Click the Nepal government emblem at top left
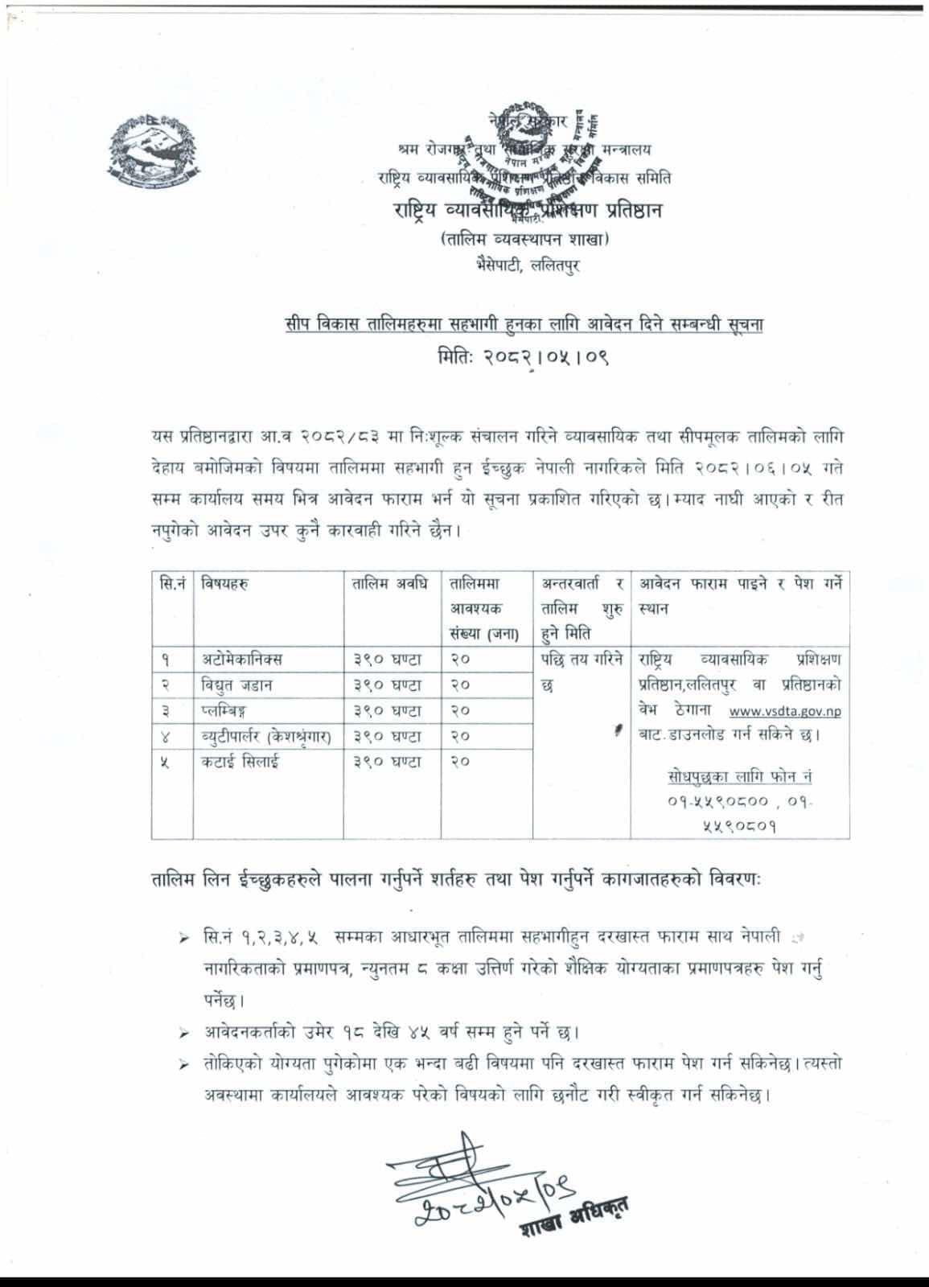(x=151, y=154)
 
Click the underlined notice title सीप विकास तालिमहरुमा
(x=523, y=326)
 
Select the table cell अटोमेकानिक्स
(x=242, y=660)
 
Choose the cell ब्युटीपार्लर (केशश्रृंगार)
(x=266, y=736)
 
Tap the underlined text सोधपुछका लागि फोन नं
(x=740, y=777)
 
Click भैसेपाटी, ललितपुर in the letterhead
(x=527, y=266)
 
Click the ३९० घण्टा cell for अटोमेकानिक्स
(x=387, y=660)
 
